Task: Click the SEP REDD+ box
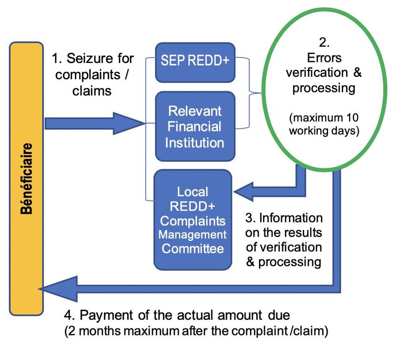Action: (195, 62)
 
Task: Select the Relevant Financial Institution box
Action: (195, 126)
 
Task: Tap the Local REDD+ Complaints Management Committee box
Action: (193, 220)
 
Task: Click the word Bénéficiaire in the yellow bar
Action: (26, 178)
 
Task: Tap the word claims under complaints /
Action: (92, 91)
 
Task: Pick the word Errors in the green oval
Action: (324, 58)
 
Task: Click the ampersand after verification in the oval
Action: (357, 73)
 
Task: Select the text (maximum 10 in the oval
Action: (324, 118)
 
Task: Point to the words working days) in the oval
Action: (324, 131)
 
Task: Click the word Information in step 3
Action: (291, 218)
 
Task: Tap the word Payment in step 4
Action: (106, 315)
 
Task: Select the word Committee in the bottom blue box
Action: (192, 248)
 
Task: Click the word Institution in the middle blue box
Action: (195, 143)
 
